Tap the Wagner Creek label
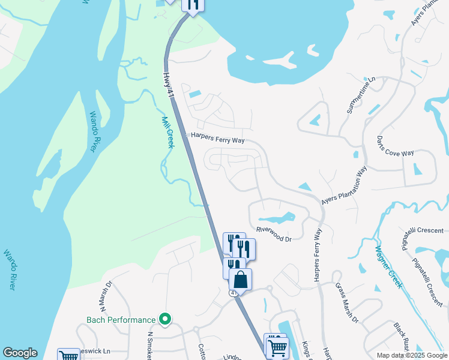(x=388, y=267)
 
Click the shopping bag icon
(x=240, y=280)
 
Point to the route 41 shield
(x=233, y=292)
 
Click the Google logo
(x=20, y=353)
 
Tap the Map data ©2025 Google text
(x=411, y=355)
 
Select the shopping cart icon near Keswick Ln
(x=69, y=356)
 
